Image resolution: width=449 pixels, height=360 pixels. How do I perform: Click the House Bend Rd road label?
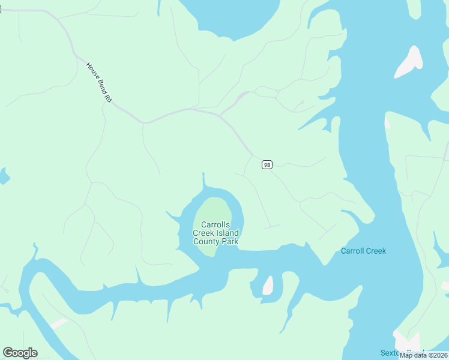click(99, 82)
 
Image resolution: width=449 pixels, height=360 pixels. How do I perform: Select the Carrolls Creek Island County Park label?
click(215, 233)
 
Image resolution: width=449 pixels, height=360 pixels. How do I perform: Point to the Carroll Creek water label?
click(363, 251)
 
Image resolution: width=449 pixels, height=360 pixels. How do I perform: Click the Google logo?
click(20, 353)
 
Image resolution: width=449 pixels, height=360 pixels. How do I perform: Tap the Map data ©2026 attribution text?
click(423, 355)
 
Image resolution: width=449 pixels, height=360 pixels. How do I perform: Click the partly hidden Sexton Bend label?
click(402, 353)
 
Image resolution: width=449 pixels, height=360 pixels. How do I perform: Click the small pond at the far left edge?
click(3, 176)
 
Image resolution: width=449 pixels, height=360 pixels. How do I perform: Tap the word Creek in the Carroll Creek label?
click(375, 251)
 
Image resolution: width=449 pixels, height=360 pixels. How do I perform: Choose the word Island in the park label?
click(228, 233)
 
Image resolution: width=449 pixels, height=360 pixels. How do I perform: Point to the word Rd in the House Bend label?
click(109, 97)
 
